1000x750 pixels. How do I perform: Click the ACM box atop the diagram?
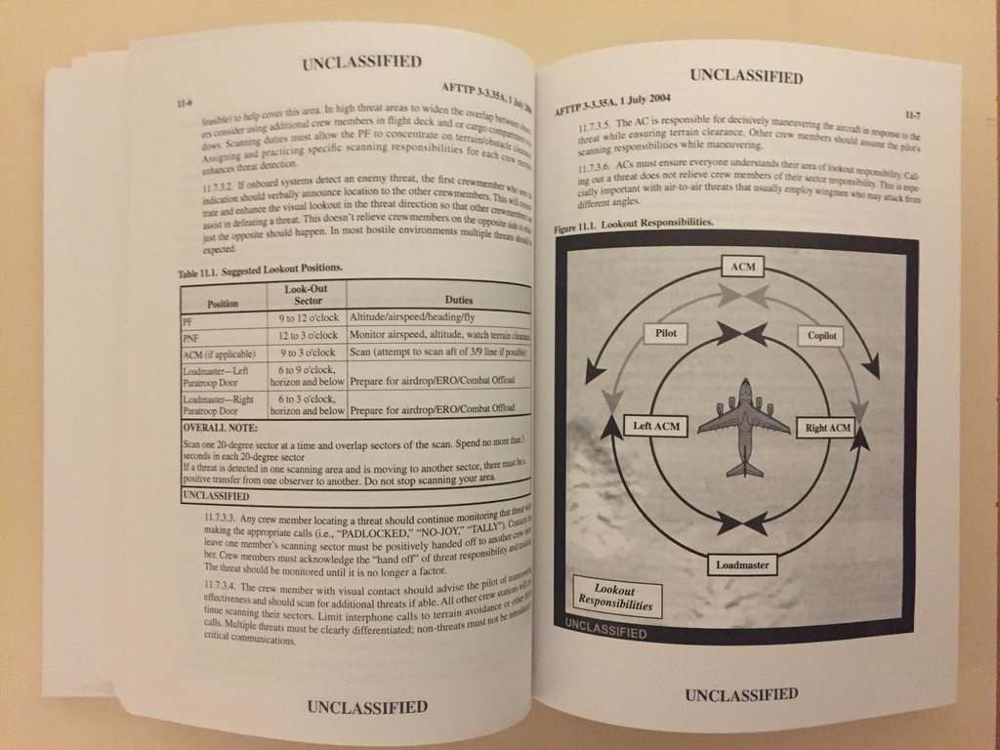point(742,267)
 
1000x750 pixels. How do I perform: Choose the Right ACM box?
point(828,428)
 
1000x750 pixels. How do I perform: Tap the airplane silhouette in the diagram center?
point(744,427)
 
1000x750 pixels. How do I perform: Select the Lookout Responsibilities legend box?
point(615,598)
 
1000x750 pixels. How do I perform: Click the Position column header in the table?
point(223,303)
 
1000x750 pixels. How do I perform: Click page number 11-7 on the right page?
point(917,115)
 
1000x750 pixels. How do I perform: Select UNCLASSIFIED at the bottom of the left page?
point(366,706)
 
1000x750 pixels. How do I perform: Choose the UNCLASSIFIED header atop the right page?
point(746,75)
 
